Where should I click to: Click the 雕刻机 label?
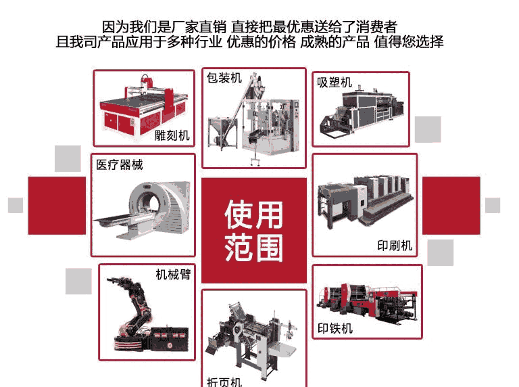coord(172,135)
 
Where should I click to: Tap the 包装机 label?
coord(224,78)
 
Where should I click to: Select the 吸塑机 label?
coord(335,83)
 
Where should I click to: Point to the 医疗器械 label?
coord(120,164)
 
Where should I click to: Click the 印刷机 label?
coord(395,246)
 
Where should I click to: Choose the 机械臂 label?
coord(173,274)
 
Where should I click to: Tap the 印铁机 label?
coord(335,328)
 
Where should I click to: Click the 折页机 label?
coord(224,382)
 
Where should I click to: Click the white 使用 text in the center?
coord(254,214)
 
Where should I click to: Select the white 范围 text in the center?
coord(254,247)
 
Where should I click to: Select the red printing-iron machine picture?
coord(367,302)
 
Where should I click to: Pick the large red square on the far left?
coord(57,206)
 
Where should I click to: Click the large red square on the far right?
coord(451,206)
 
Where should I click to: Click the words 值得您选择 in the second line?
coord(409,42)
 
